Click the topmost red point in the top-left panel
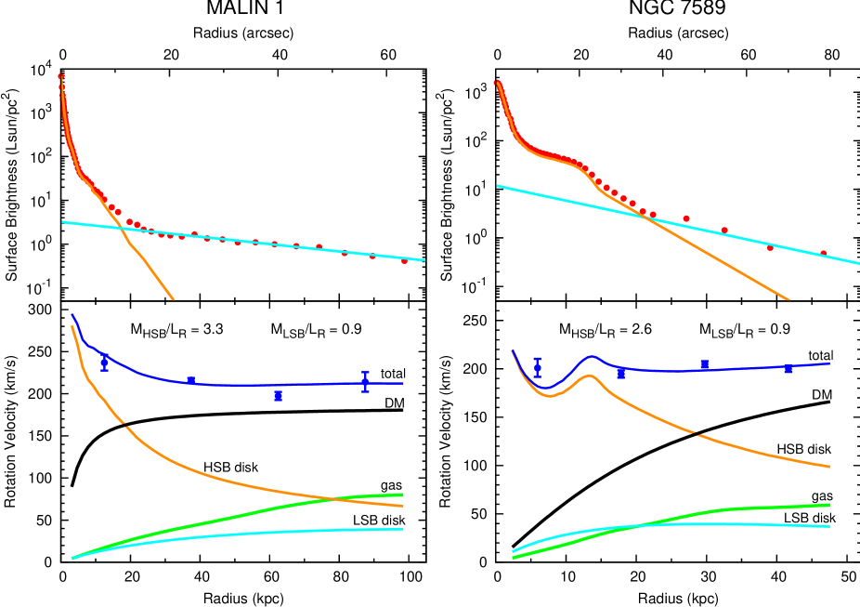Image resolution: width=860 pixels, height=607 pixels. (60, 76)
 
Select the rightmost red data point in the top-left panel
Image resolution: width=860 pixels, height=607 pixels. (404, 261)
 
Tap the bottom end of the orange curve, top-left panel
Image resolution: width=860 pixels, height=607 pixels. (173, 298)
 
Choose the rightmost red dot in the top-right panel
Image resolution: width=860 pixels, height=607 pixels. (823, 253)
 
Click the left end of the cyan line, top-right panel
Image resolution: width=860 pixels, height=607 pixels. (498, 186)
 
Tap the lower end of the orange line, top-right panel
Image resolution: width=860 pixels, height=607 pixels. (788, 300)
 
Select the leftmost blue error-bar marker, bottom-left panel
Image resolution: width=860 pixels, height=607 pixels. (104, 362)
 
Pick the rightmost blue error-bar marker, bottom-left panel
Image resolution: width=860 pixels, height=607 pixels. (365, 382)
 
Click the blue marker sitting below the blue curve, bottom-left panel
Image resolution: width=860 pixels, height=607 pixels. (278, 396)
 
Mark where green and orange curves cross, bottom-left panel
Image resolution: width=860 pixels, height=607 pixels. (332, 499)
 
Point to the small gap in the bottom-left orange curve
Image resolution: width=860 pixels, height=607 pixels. (125, 426)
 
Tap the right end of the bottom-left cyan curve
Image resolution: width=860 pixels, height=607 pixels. (403, 529)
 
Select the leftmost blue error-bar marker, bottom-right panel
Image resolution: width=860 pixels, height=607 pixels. (537, 368)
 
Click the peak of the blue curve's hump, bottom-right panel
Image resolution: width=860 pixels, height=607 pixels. (592, 356)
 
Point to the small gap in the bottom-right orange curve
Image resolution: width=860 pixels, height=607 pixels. (696, 434)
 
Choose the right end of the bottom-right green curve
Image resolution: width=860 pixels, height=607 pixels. (828, 505)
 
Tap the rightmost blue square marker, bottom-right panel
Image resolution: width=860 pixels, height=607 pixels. (788, 369)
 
